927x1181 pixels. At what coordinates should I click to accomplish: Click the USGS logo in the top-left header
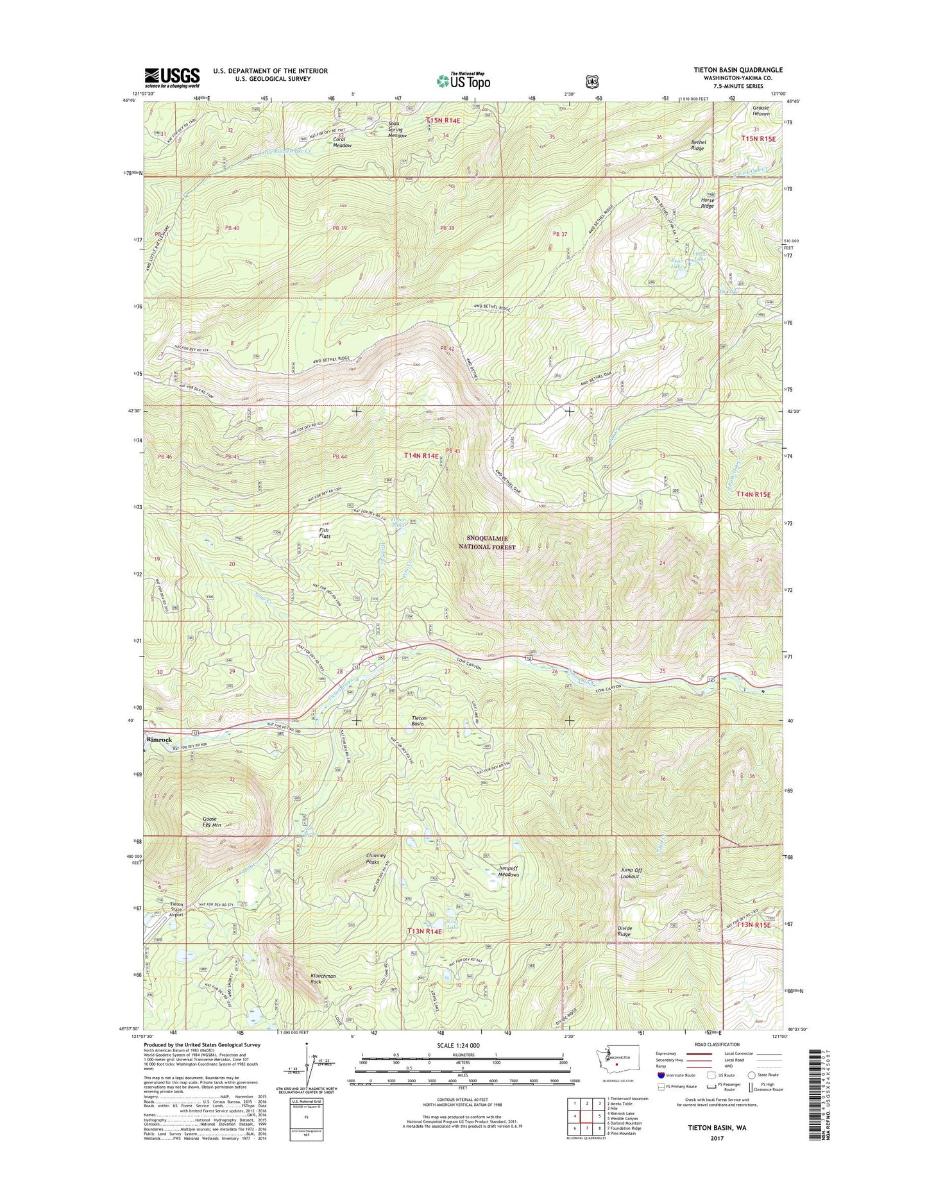[x=171, y=77]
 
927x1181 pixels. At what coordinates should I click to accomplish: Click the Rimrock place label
[x=160, y=739]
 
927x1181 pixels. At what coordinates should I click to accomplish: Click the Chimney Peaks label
[x=376, y=859]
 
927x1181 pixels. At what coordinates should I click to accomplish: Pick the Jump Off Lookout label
[x=631, y=873]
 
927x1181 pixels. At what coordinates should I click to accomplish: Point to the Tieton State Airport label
[x=171, y=909]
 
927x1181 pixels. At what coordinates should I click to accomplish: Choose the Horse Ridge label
[x=707, y=203]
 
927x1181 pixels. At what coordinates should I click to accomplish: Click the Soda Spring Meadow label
[x=397, y=130]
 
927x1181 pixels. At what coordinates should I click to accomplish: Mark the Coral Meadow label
[x=342, y=142]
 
